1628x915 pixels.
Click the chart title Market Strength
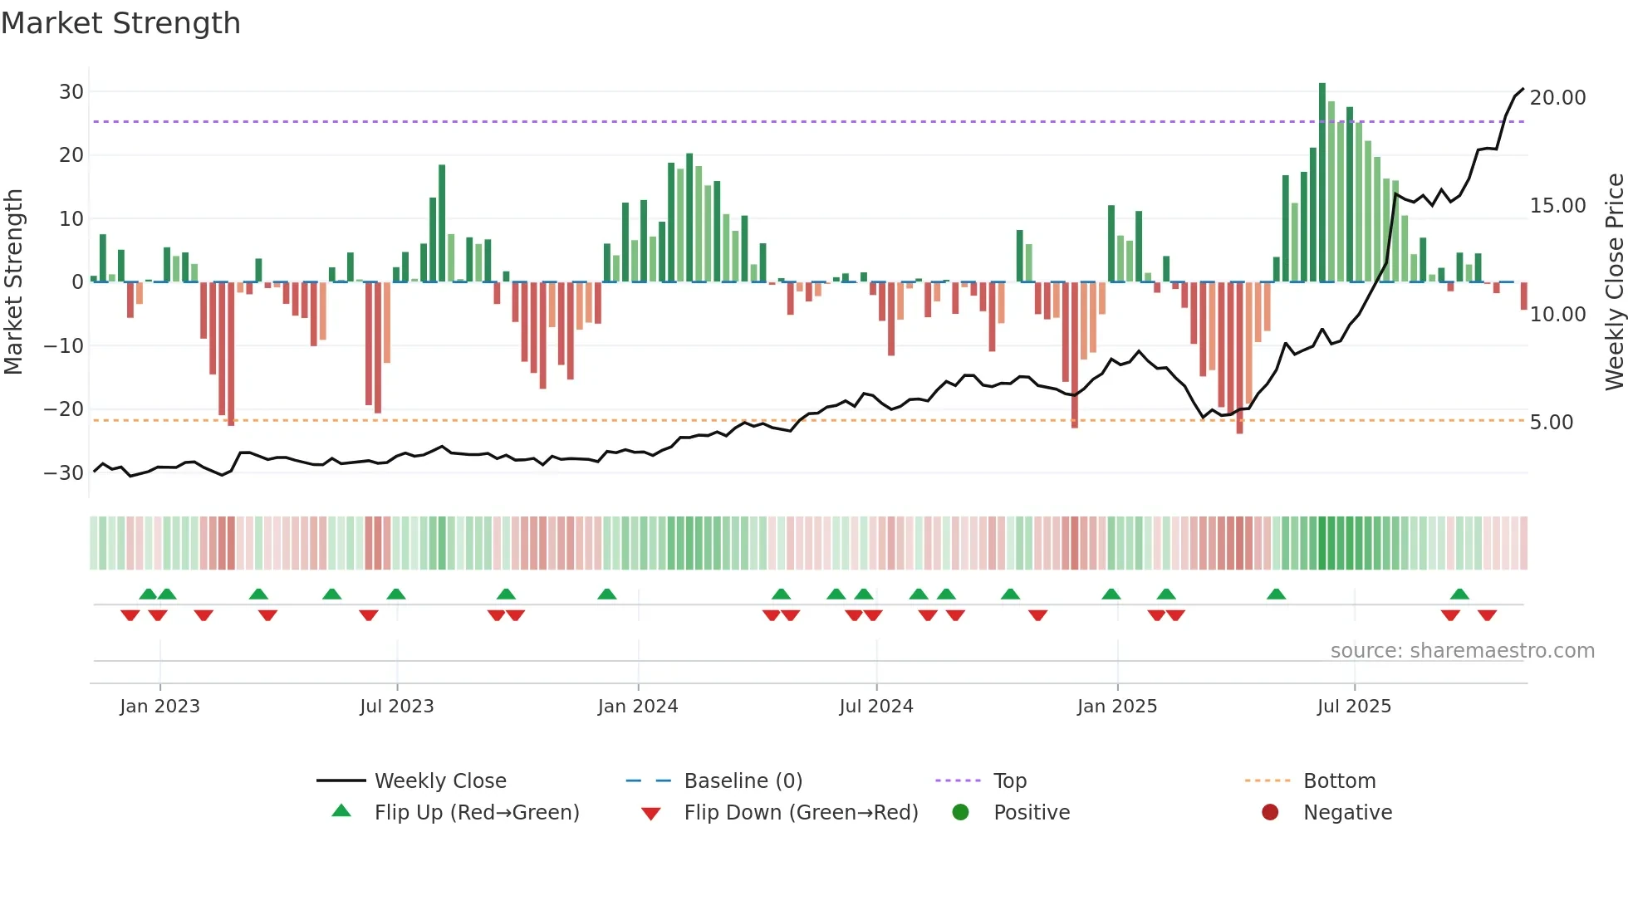click(120, 23)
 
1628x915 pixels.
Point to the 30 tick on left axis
click(71, 92)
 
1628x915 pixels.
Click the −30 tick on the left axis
click(64, 473)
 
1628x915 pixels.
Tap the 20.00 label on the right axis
click(1557, 98)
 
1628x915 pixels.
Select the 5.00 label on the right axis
click(1552, 423)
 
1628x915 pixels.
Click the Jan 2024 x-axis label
click(638, 707)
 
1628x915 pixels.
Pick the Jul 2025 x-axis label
click(1354, 707)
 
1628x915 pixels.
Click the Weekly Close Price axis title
click(1614, 282)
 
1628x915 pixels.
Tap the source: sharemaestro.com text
click(1462, 651)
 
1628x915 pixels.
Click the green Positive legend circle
click(961, 813)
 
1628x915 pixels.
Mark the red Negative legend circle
click(1270, 813)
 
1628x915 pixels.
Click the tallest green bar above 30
click(1322, 183)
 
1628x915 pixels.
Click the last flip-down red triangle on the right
click(1487, 615)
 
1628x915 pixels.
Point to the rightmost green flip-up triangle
click(1459, 595)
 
